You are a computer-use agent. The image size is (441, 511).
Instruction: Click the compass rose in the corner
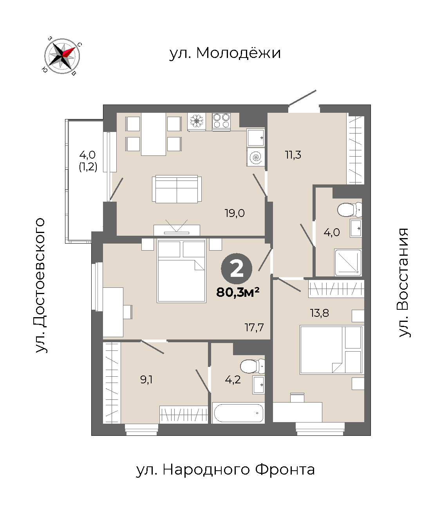(x=62, y=56)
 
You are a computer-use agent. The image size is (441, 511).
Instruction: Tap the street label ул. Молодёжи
(x=225, y=53)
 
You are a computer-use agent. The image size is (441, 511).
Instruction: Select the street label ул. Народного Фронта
(x=225, y=470)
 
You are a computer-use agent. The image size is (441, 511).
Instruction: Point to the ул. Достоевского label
(x=40, y=285)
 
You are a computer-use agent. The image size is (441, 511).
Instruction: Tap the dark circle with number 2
(x=237, y=269)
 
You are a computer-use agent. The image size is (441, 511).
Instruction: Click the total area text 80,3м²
(x=238, y=293)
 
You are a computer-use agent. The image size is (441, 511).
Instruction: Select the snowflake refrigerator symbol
(x=197, y=121)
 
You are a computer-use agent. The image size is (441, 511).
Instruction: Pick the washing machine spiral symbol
(x=255, y=157)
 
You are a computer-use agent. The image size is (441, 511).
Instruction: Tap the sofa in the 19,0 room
(x=177, y=189)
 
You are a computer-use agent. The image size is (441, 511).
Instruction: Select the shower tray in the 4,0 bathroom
(x=348, y=262)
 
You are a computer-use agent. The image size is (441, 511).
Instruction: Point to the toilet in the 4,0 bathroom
(x=349, y=210)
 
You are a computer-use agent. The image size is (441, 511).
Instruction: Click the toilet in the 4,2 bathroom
(x=252, y=366)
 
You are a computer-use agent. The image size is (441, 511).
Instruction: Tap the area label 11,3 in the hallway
(x=293, y=155)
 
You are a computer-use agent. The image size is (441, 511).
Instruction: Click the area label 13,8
(x=319, y=313)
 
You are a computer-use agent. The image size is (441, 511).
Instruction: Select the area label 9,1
(x=146, y=379)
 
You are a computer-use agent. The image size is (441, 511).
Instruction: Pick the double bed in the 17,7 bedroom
(x=182, y=271)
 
